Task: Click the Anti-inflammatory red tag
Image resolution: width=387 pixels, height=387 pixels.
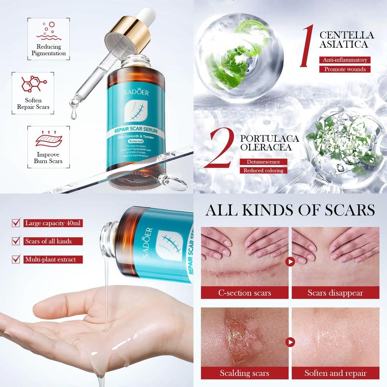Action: point(345,60)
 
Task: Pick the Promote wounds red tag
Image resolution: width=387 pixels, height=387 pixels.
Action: point(345,69)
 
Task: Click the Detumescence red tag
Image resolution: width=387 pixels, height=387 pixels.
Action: point(263,162)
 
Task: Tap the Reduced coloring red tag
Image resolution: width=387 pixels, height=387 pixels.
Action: point(263,170)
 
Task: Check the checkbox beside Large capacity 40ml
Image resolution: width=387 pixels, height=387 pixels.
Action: point(16,223)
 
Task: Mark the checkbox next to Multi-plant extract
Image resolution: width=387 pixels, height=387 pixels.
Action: point(16,259)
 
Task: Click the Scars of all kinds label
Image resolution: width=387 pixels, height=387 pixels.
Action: point(48,241)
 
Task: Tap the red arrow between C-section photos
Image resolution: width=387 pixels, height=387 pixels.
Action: point(290,261)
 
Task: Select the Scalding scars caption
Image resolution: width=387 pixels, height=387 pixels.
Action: point(245,373)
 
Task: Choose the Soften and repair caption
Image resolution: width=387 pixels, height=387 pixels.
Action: point(335,373)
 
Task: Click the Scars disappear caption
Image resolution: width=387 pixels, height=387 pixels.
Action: point(335,293)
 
